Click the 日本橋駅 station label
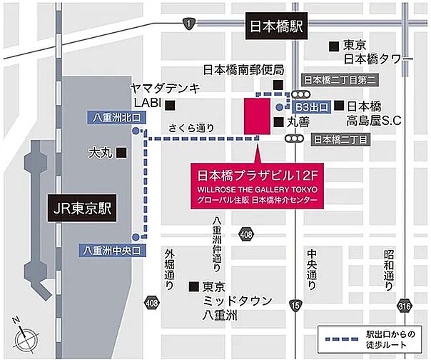tap(277, 29)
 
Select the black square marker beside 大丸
tap(123, 152)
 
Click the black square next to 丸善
tap(277, 122)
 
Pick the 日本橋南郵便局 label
tap(243, 70)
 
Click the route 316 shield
tap(405, 305)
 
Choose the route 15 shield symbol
tap(295, 305)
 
